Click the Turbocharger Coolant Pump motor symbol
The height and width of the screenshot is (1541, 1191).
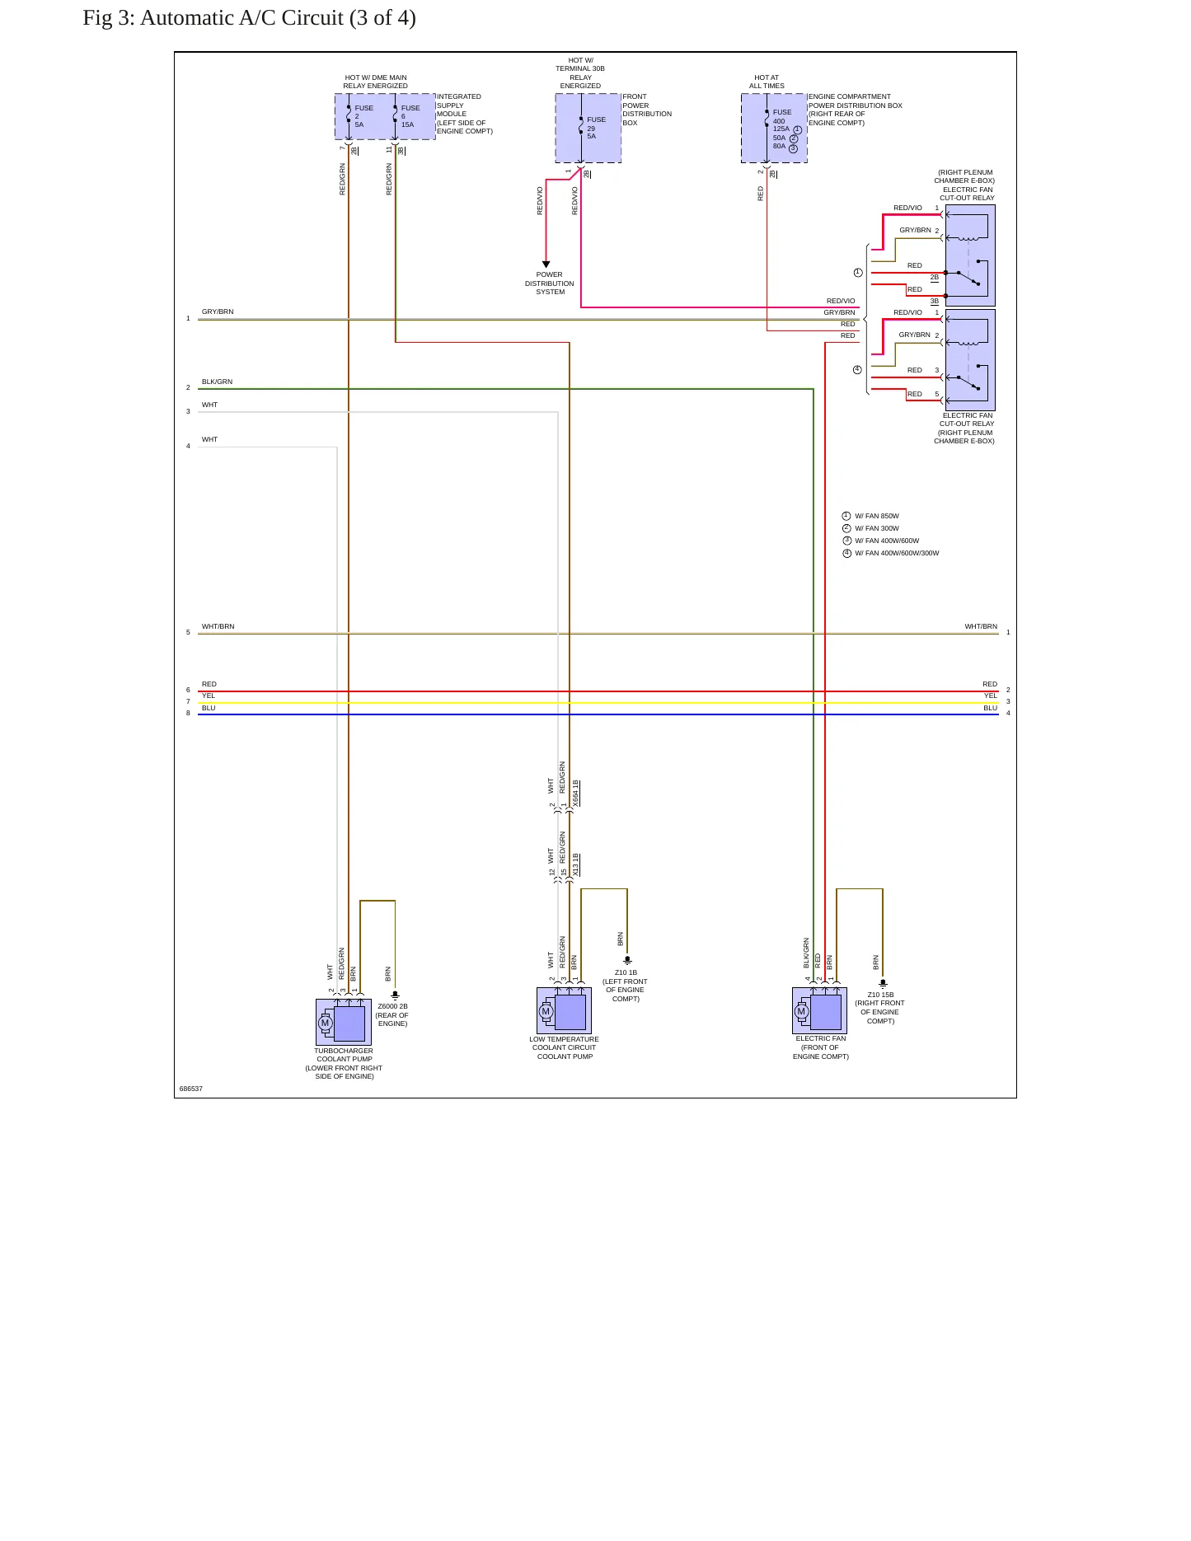(x=325, y=1023)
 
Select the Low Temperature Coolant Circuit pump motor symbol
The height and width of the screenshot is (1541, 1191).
(x=545, y=1011)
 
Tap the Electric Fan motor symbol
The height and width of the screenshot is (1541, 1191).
(x=800, y=1011)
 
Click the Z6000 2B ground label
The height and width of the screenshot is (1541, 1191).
(x=392, y=1006)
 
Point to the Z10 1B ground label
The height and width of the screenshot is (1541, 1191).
(x=626, y=972)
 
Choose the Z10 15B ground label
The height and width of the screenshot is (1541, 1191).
(x=880, y=995)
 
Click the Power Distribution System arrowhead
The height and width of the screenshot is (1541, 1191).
(x=546, y=265)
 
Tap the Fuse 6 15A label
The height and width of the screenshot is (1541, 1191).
(x=410, y=116)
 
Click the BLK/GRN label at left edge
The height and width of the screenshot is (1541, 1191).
(x=217, y=382)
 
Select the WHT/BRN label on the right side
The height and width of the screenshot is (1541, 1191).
(x=981, y=626)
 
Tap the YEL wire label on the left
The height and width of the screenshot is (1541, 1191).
(x=208, y=696)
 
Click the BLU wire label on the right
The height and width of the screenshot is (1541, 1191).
(x=990, y=708)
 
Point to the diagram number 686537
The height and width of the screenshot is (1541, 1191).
(x=190, y=1089)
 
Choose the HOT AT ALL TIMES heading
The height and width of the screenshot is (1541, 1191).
(x=767, y=82)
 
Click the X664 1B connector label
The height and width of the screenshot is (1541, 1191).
(x=575, y=793)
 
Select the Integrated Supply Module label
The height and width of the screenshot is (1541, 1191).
(x=464, y=114)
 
